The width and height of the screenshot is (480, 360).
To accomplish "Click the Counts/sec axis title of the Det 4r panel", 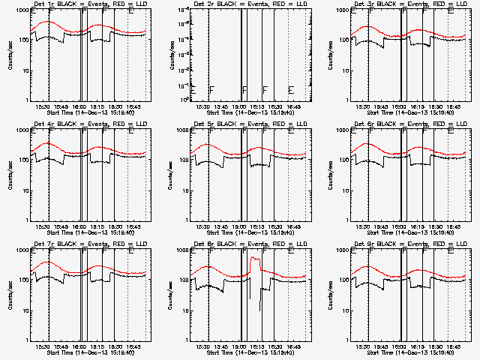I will click(9, 175).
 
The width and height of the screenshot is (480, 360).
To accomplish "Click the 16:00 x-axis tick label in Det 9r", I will click(400, 346).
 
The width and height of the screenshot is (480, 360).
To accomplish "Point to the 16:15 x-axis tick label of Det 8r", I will click(257, 346).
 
